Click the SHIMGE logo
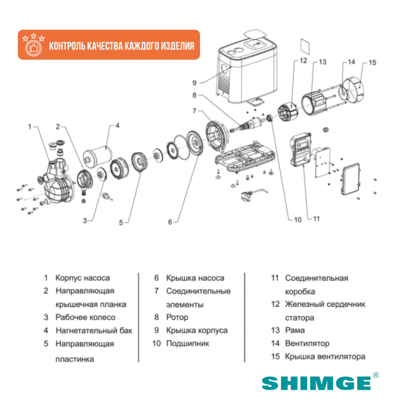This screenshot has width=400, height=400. pos(316,383)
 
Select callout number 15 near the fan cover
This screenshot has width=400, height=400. pos(372,63)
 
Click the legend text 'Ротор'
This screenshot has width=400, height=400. pos(177,317)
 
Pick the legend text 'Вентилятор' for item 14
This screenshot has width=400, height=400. pos(307,343)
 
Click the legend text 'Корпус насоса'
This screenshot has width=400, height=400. pos(82,278)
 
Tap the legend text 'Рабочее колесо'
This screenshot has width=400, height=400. pos(85,317)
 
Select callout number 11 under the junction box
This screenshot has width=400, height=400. pos(316,219)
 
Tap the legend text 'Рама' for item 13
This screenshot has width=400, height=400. pos(295,330)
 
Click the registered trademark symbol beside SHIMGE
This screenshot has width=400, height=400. pos(376,375)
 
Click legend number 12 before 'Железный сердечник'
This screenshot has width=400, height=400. pos(275,304)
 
